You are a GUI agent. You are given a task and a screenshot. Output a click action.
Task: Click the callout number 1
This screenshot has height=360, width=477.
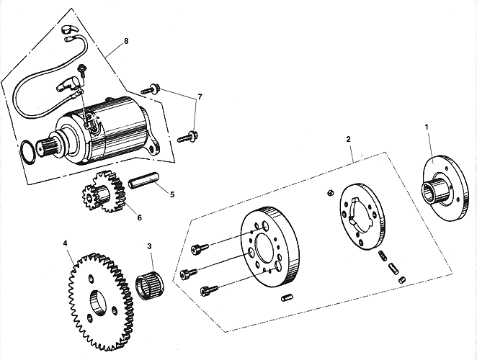click(x=427, y=127)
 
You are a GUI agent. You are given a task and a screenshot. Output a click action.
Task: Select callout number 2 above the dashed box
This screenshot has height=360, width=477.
click(x=349, y=138)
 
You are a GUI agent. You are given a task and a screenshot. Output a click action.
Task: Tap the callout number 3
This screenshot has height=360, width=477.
click(x=150, y=247)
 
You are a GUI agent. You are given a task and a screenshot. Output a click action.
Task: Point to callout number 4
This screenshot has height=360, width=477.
click(x=66, y=243)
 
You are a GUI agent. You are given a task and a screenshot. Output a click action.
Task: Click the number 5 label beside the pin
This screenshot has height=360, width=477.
click(x=172, y=194)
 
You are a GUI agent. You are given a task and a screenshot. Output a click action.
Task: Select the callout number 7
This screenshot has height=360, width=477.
click(x=200, y=96)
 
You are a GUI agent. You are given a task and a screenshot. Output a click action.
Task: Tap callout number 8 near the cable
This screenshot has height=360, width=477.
click(x=126, y=42)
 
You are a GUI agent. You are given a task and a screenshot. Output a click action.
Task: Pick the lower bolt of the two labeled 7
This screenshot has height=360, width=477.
click(x=187, y=135)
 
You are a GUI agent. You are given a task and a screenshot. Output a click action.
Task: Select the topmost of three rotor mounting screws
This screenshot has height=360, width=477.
click(x=200, y=248)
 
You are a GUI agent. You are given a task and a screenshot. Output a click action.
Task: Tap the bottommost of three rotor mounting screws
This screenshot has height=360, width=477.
click(x=208, y=289)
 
